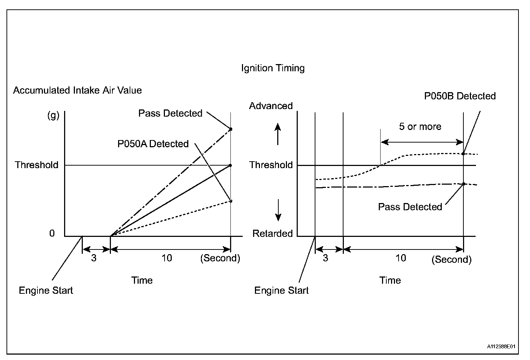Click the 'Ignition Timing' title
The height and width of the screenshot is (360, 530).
tap(273, 68)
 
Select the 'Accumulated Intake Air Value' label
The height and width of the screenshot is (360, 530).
tap(77, 90)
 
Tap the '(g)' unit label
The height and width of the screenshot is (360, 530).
tap(53, 116)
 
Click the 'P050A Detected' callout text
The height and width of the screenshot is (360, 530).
tap(153, 144)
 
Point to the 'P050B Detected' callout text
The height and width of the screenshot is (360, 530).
tap(460, 96)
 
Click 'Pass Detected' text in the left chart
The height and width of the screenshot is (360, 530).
tap(170, 113)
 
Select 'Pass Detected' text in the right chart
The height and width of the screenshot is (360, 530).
tap(410, 207)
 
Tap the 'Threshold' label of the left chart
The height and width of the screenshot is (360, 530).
tap(36, 165)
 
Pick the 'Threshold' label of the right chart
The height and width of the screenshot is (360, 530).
tap(271, 165)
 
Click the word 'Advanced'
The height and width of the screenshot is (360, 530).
tap(271, 106)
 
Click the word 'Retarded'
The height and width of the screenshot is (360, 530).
tap(272, 233)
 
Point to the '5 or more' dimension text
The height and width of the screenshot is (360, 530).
tap(420, 127)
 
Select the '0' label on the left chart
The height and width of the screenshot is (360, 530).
tap(52, 233)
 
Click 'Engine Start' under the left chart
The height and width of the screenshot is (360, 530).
tap(46, 290)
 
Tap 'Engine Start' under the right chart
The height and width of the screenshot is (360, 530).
tap(281, 290)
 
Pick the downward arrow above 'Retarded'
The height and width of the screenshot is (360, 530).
tap(278, 210)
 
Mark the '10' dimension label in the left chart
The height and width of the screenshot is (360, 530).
tap(167, 258)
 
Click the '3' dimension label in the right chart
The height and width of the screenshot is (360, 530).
tap(325, 258)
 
